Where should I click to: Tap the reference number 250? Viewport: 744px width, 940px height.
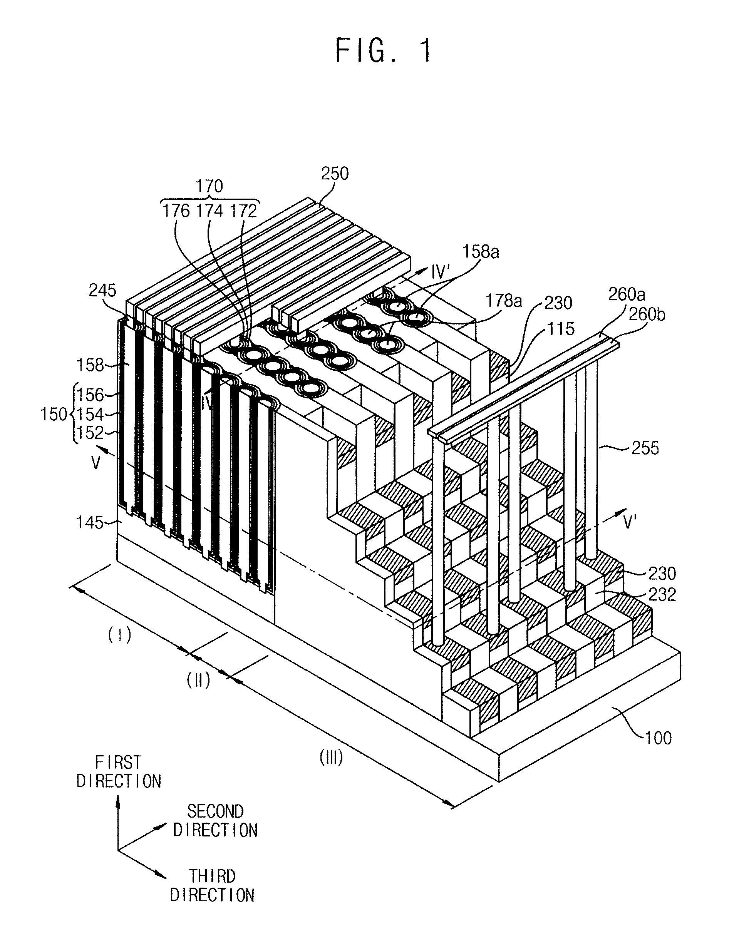335,174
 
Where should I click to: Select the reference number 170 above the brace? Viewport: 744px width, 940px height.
209,186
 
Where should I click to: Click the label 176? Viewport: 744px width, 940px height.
176,211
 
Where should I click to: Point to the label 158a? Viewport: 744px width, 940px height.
481,252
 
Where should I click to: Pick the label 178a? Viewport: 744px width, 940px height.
504,301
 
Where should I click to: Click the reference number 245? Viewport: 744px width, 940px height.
102,290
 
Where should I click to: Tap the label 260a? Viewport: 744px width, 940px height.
627,295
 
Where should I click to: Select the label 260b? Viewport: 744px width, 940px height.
647,314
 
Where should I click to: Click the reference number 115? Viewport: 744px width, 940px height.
561,329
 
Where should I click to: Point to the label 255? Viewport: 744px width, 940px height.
645,448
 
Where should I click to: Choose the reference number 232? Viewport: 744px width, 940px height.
662,594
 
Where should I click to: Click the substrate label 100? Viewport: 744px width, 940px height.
658,738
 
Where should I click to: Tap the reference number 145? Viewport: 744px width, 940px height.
90,522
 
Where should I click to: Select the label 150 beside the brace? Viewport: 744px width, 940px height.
54,414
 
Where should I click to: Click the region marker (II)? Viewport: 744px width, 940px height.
199,680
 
